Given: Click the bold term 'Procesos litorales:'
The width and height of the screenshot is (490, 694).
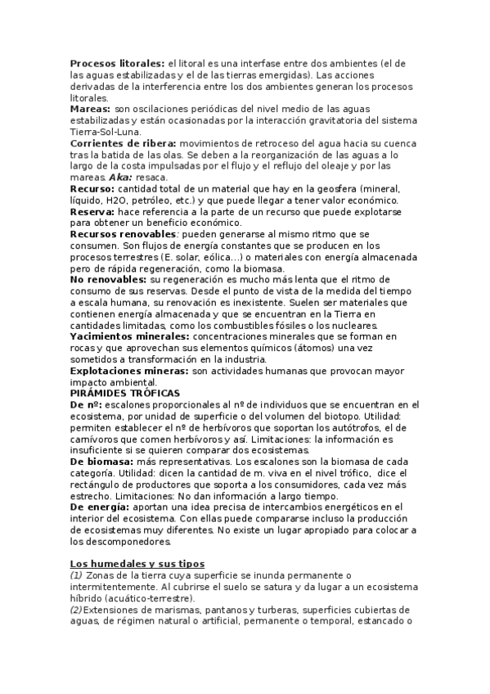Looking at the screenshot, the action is [116, 63].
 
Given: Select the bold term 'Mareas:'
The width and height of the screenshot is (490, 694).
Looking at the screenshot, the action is [90, 109].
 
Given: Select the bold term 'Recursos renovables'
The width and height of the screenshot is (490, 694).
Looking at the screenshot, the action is [123, 234].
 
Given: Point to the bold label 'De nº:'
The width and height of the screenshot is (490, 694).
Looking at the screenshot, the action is [87, 404].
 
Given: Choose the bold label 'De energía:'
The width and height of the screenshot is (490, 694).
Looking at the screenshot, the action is [99, 507].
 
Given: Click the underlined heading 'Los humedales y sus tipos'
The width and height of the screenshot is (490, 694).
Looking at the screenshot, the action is [137, 564].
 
